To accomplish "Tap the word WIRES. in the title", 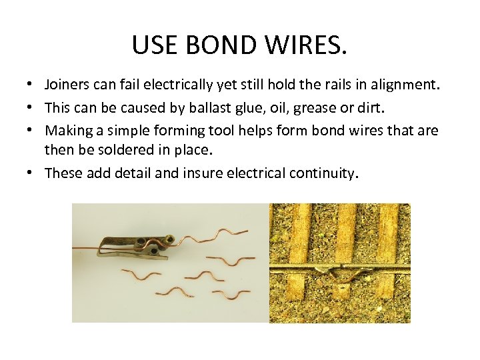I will (311, 45).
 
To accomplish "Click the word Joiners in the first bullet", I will (67, 85).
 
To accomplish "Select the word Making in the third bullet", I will (67, 129).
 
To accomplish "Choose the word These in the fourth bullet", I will (63, 173).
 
